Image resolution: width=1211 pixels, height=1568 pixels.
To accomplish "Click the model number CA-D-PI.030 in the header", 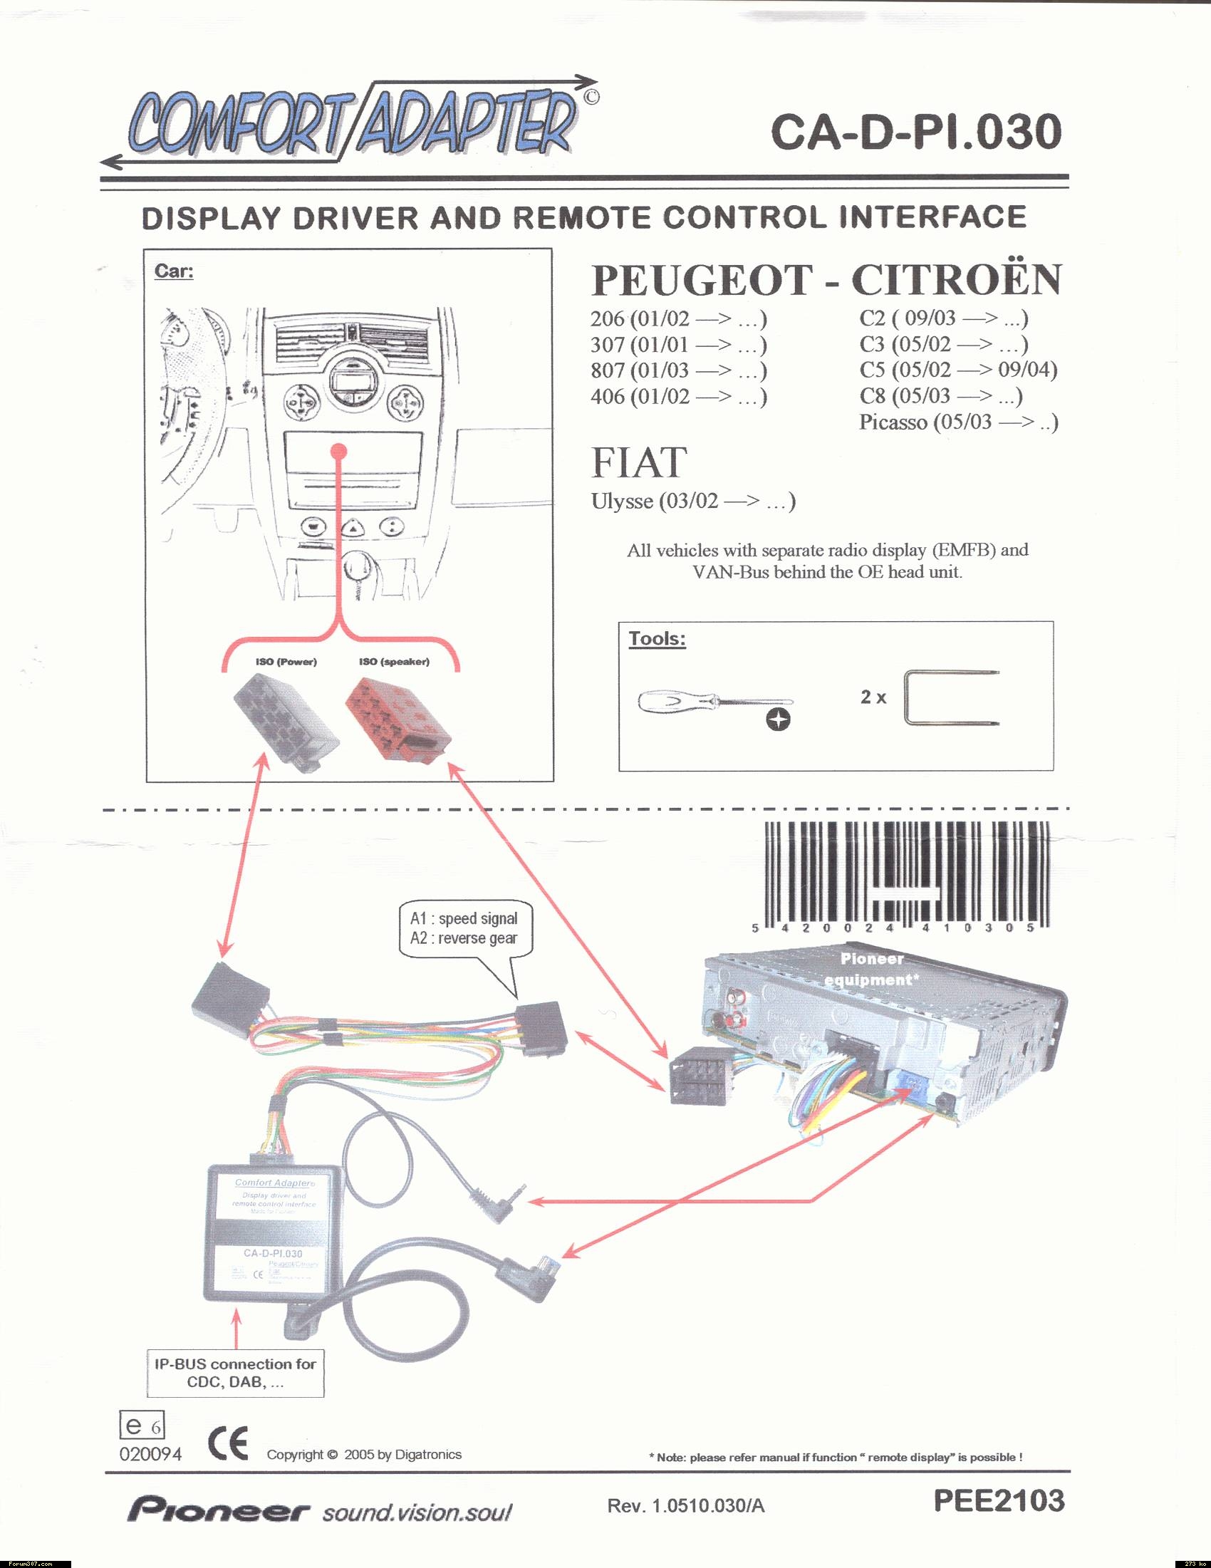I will click(915, 131).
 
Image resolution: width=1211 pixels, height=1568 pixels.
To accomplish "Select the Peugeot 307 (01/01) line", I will click(678, 345).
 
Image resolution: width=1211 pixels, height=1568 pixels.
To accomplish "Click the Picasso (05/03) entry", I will click(958, 422).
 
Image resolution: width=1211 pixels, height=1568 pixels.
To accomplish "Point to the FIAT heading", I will click(639, 462).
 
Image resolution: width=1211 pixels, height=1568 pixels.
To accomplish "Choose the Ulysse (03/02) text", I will click(692, 500).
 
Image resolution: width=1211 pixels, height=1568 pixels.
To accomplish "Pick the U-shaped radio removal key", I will click(951, 698).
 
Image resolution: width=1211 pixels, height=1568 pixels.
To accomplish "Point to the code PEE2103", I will click(999, 1501).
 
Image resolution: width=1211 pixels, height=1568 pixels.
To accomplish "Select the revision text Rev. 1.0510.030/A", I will click(685, 1506).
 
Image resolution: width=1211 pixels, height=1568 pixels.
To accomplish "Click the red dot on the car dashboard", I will click(340, 451).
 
